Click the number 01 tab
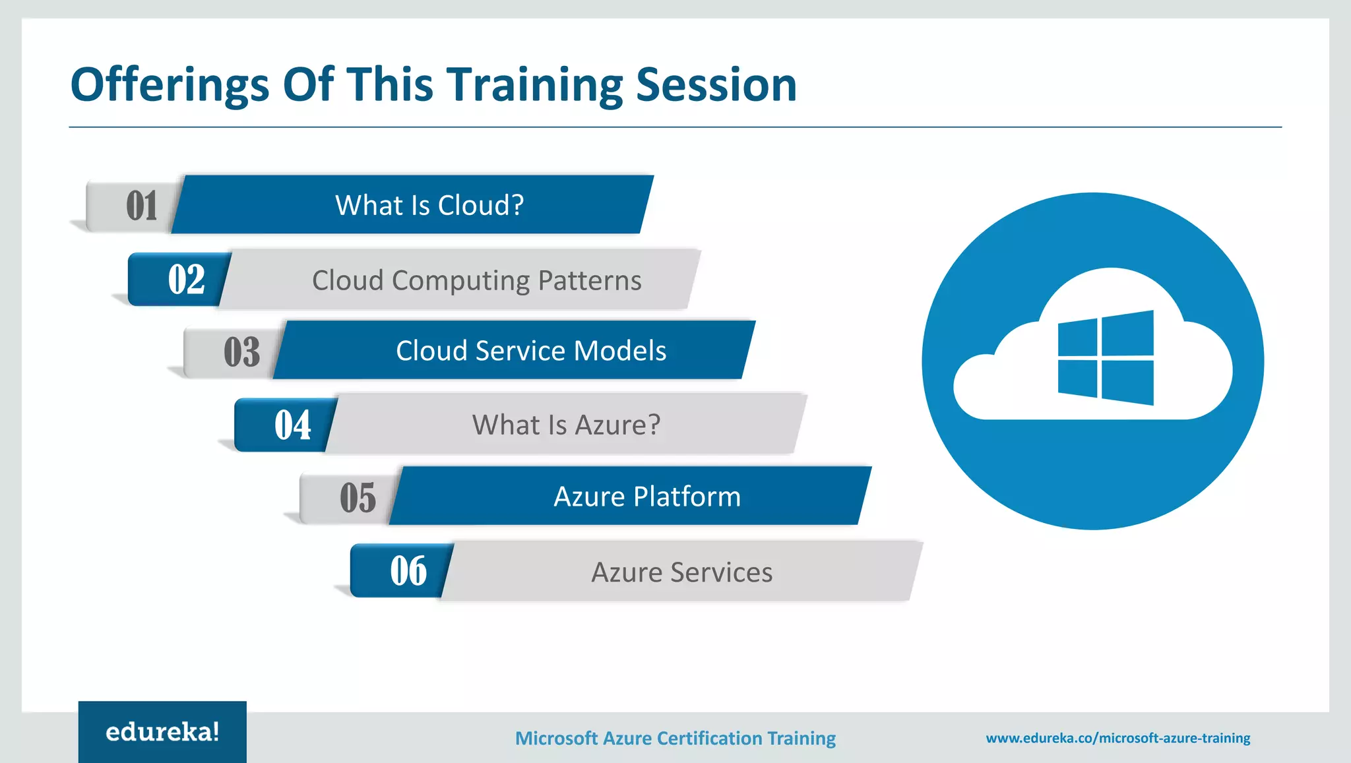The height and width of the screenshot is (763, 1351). [x=141, y=206]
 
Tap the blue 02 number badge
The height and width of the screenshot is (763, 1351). [x=186, y=280]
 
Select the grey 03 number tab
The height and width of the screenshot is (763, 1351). [x=241, y=351]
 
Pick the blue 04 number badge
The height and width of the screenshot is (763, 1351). [x=292, y=425]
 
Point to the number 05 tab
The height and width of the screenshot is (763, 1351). [x=358, y=498]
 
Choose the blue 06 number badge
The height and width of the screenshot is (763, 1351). [x=408, y=571]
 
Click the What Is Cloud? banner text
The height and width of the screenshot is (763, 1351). [x=429, y=205]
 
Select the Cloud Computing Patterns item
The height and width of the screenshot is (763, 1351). [x=476, y=280]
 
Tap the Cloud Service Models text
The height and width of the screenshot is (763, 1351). [x=531, y=351]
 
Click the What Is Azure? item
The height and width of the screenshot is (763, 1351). [x=566, y=425]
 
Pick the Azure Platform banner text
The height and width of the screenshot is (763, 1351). [x=647, y=497]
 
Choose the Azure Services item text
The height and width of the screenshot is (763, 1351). [x=681, y=572]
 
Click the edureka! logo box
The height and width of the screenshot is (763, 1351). [x=162, y=731]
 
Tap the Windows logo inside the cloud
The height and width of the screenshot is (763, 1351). [x=1106, y=357]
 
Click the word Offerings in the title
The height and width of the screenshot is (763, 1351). [x=170, y=86]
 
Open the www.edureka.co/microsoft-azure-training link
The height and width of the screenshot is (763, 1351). [x=1117, y=738]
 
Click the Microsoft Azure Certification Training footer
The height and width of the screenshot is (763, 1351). [x=675, y=738]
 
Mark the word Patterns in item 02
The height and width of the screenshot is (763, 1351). [x=589, y=280]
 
